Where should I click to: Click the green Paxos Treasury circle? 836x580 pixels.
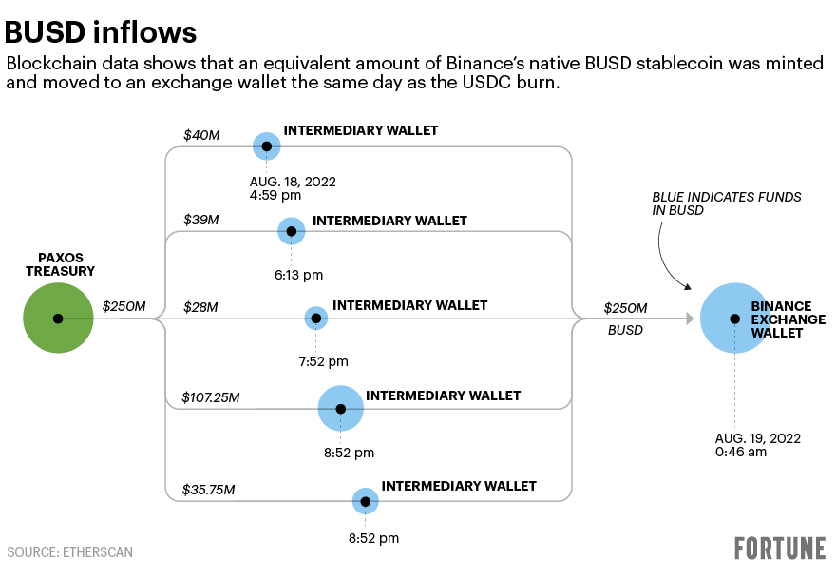(58, 319)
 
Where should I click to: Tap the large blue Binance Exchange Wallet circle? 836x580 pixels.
(734, 319)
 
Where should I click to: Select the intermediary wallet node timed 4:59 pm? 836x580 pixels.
(267, 146)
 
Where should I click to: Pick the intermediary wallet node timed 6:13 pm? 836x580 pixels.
(291, 231)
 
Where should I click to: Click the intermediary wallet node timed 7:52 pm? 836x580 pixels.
(315, 319)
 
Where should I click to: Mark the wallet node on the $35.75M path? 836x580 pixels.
(365, 501)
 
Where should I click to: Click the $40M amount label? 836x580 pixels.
(201, 136)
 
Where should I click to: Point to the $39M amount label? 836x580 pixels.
(201, 221)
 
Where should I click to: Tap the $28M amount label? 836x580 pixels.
(201, 307)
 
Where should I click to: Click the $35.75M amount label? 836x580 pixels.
(209, 490)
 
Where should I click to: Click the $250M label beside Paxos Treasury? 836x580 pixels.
(123, 306)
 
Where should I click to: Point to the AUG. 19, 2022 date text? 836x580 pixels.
(757, 438)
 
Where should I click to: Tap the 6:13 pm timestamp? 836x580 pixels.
(298, 275)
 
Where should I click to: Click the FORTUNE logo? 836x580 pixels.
(779, 549)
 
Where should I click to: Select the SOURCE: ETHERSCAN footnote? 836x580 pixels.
(69, 551)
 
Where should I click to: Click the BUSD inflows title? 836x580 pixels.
(101, 32)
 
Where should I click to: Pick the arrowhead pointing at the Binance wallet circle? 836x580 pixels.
(689, 319)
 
